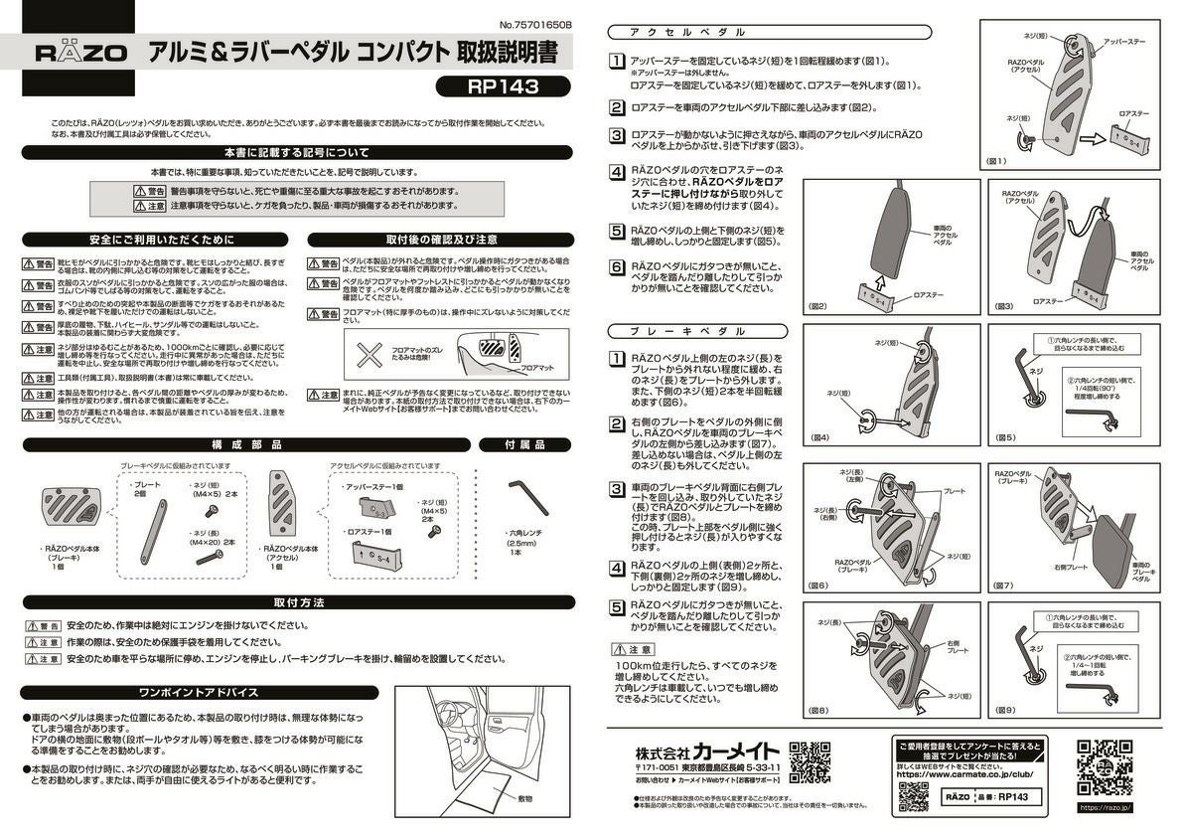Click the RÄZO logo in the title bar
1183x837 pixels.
(x=81, y=53)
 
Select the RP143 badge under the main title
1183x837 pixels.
(x=502, y=86)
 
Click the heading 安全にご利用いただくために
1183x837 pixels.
(x=161, y=240)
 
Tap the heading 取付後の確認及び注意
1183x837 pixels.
(x=441, y=240)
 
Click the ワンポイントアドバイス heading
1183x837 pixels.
(x=199, y=692)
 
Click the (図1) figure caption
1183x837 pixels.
(x=995, y=160)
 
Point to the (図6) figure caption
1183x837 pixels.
(x=819, y=586)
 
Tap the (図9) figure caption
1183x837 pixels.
(x=1004, y=710)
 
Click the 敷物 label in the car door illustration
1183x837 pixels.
(x=524, y=798)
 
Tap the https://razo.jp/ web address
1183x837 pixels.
(x=1106, y=807)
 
